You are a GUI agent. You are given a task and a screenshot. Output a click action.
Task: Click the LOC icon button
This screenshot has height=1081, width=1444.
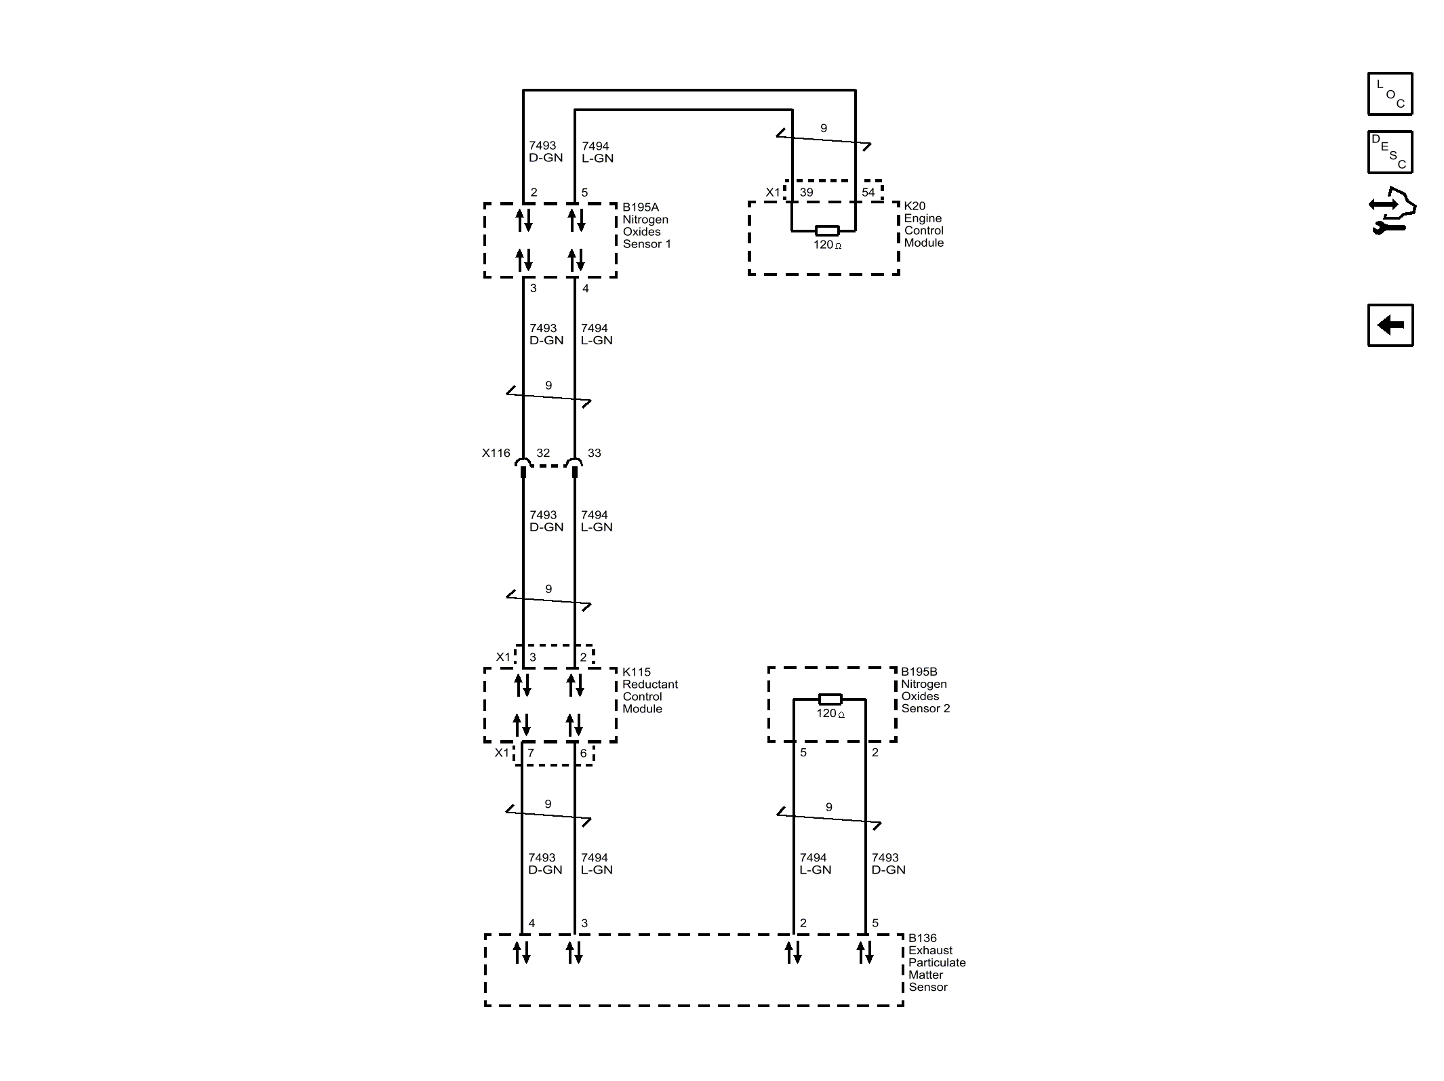point(1390,94)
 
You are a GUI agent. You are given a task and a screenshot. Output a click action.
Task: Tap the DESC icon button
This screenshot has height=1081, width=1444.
point(1390,152)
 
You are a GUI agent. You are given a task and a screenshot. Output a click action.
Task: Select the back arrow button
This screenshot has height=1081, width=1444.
point(1390,325)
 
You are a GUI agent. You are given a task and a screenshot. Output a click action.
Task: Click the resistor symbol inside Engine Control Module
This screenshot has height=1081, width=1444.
point(827,230)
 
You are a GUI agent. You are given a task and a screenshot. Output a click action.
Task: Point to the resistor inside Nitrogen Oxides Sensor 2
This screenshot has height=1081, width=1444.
point(830,699)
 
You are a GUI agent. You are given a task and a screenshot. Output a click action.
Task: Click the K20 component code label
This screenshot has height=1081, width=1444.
point(915,206)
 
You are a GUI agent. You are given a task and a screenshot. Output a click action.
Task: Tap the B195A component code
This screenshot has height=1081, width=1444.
point(641,207)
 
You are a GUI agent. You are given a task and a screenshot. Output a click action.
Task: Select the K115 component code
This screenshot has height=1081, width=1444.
point(637,672)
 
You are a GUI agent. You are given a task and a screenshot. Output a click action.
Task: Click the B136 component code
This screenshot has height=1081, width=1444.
point(923,939)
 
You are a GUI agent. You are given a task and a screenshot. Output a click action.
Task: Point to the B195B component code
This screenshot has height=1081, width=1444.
point(919,672)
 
